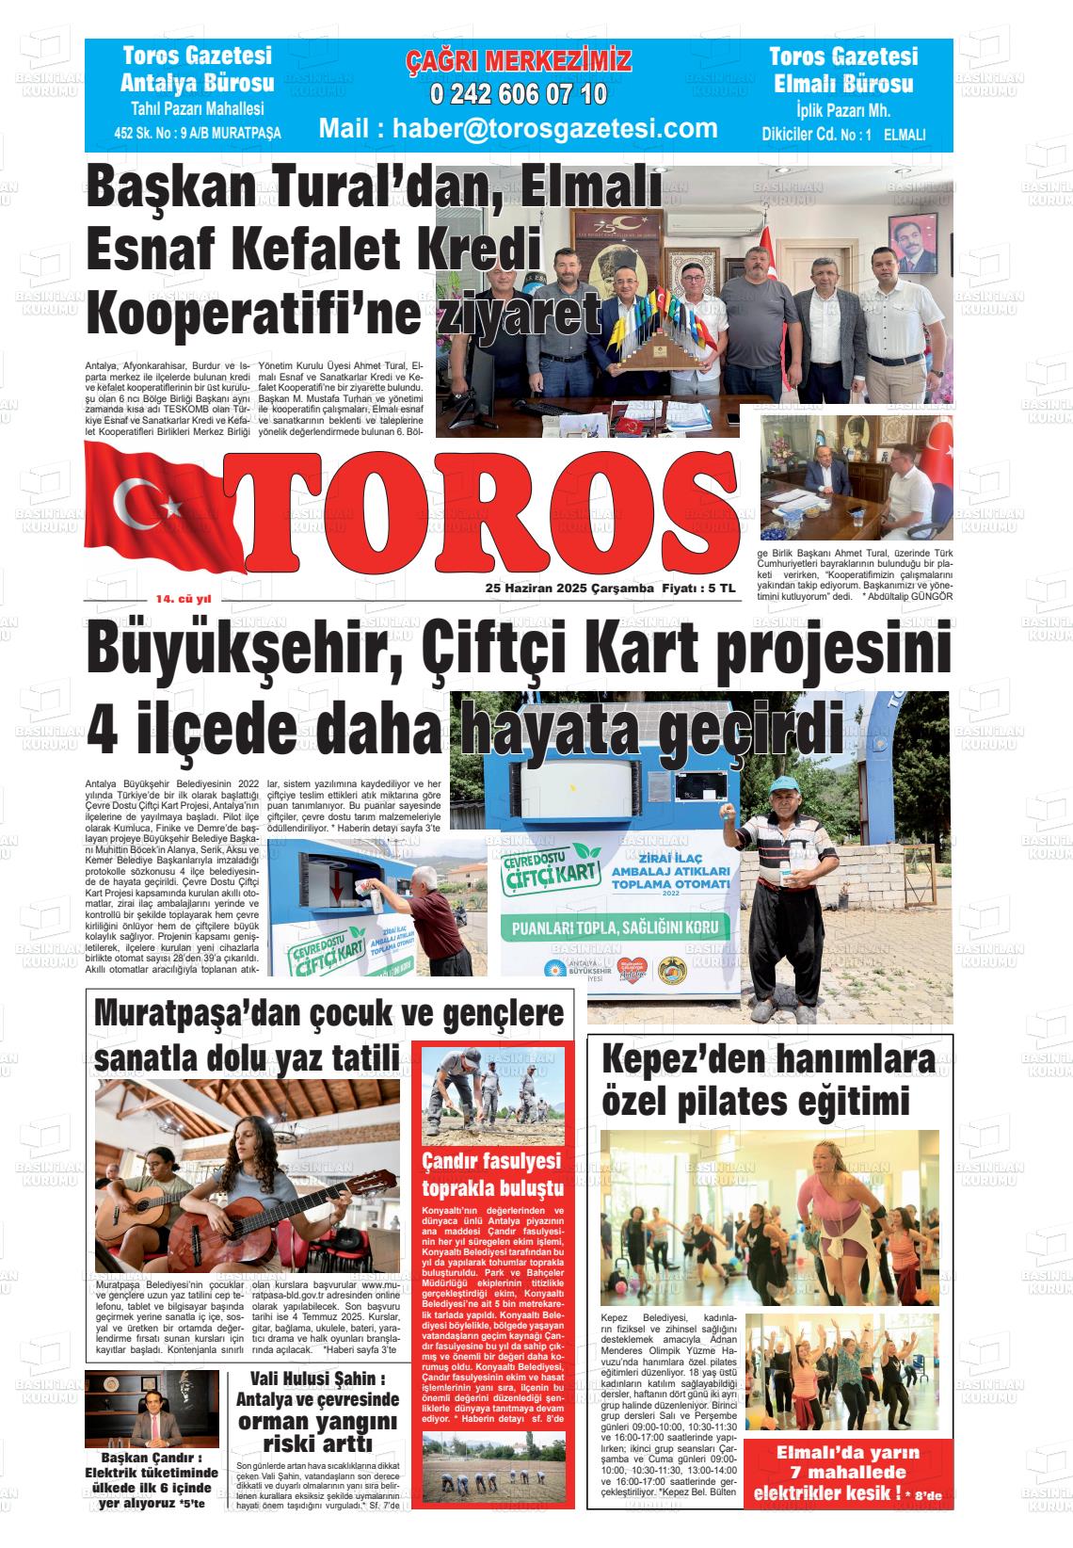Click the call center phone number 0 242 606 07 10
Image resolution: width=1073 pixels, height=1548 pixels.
point(518,95)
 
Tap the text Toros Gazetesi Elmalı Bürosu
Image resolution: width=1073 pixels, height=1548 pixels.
point(842,71)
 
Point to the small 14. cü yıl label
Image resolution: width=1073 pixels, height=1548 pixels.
point(184,599)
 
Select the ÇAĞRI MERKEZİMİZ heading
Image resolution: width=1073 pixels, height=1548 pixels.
point(518,62)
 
